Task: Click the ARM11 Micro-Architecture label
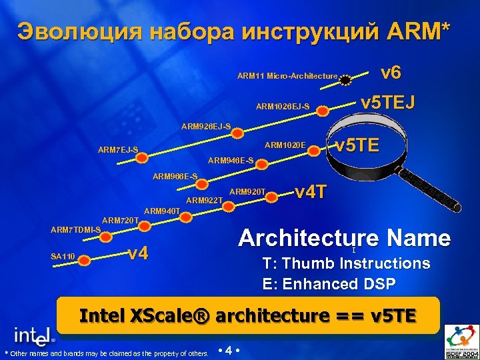coord(287,76)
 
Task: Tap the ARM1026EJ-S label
coord(282,106)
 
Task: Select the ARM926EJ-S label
coord(207,126)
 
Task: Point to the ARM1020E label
coord(285,145)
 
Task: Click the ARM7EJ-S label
coord(118,149)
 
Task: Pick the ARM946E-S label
coord(231,160)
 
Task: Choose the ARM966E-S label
coord(175,177)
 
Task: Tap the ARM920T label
coord(247,192)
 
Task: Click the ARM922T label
coord(204,200)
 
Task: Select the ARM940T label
coord(162,211)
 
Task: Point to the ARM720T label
coord(120,220)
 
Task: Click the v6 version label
coord(390,71)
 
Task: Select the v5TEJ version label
coord(387,102)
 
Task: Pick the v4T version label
coord(311,191)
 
